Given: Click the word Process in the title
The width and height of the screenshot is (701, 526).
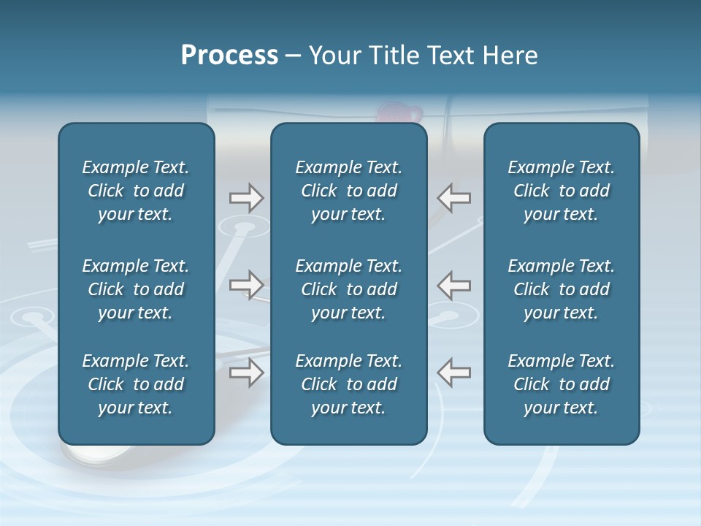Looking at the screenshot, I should (229, 56).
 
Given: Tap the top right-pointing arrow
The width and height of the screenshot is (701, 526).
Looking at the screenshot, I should (246, 198).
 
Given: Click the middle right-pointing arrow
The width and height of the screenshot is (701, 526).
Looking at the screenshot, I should (246, 285).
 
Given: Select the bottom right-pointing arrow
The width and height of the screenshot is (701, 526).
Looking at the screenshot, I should (246, 373).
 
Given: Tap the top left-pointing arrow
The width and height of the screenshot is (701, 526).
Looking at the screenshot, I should (453, 198).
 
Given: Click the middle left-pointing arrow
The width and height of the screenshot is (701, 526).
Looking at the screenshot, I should (453, 285).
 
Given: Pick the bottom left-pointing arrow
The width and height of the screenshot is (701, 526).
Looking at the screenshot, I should (453, 373).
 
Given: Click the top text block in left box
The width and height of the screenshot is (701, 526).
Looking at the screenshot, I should (136, 191).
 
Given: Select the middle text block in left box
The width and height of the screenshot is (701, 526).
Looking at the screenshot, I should (136, 289).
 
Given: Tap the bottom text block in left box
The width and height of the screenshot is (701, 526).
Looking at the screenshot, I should (136, 384).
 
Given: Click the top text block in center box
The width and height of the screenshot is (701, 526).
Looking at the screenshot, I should (348, 191).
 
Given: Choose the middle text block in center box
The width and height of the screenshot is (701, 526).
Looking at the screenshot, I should (348, 289).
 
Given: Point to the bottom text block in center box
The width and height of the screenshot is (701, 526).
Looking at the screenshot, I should (348, 384).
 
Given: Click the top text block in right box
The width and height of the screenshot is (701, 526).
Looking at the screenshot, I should (561, 191).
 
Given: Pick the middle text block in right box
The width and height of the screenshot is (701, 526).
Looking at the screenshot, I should (561, 289).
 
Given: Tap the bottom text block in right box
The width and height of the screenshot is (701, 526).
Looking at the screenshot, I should (561, 384).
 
